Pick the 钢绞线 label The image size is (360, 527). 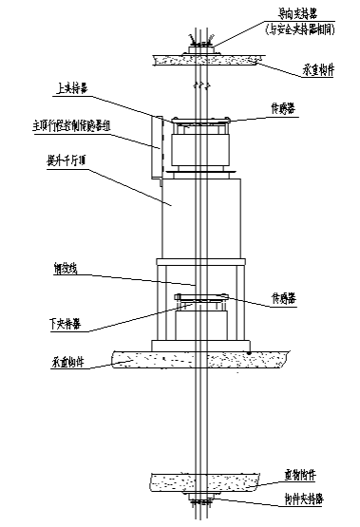[x=66, y=270]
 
